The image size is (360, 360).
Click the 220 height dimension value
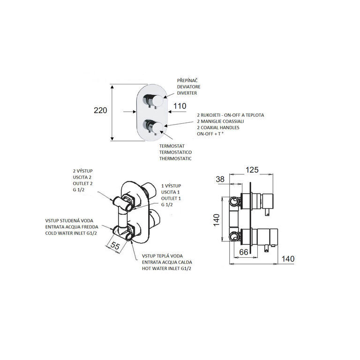tap(100, 111)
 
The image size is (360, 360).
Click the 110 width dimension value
tap(180, 106)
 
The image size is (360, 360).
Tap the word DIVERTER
tap(187, 93)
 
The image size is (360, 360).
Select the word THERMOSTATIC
tap(175, 158)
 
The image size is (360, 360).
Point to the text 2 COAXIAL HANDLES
tap(218, 127)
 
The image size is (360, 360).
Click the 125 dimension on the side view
tap(252, 170)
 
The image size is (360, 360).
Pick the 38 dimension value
tap(220, 180)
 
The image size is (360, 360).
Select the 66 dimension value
tap(244, 252)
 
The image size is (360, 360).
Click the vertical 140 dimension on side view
tap(217, 220)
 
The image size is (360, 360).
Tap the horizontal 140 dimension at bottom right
tap(288, 259)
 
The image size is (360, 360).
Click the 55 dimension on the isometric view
tap(115, 246)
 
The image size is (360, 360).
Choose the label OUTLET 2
tap(82, 183)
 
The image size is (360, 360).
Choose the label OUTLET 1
tap(171, 198)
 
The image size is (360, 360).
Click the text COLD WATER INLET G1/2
tap(71, 233)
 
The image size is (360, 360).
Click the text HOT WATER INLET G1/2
tap(166, 269)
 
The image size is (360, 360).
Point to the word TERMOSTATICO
tap(175, 152)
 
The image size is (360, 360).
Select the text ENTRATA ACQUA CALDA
tap(167, 262)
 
